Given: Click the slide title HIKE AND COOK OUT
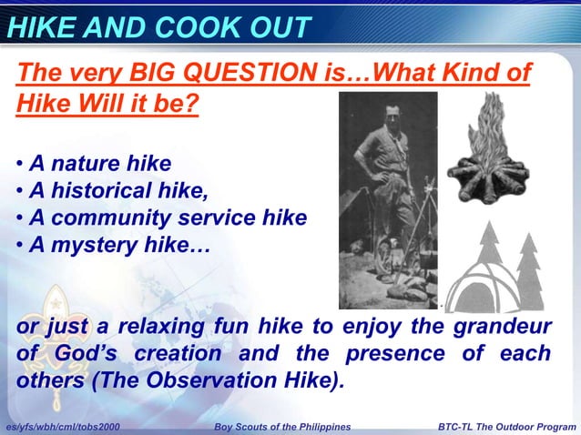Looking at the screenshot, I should click(158, 27).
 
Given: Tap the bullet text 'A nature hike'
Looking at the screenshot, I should click(100, 164).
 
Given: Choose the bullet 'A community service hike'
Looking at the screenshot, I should click(168, 218).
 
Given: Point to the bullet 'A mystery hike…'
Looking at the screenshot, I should click(119, 245).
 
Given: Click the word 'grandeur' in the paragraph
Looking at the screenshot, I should click(523, 327).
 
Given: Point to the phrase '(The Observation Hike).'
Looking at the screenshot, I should click(217, 379).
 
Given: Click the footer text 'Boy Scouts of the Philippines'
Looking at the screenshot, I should click(281, 427).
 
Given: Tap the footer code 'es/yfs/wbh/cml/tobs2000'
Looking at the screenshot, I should click(61, 427).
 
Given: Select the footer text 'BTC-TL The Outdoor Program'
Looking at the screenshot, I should click(506, 427).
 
